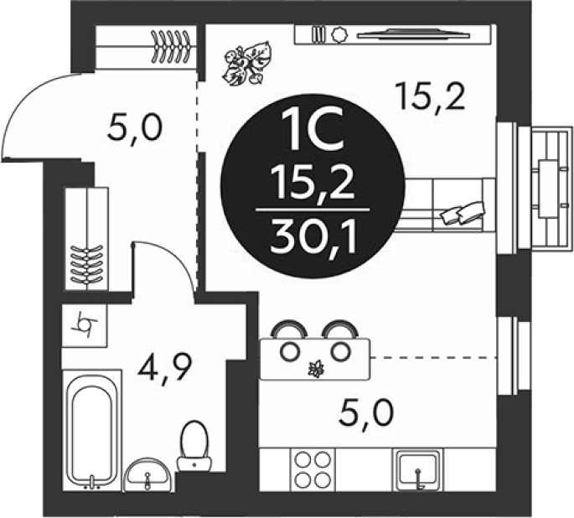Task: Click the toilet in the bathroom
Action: click(x=194, y=446)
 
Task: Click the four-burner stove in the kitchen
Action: click(x=313, y=469)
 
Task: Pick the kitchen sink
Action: click(x=417, y=469)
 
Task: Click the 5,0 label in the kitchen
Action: click(x=365, y=412)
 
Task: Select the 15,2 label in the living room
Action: click(x=432, y=96)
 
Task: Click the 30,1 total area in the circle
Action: click(x=313, y=237)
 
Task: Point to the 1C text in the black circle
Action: click(x=313, y=131)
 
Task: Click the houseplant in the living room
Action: click(x=246, y=63)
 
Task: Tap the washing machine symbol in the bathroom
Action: click(x=85, y=325)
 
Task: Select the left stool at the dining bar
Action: click(x=288, y=329)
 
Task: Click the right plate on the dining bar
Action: click(x=340, y=351)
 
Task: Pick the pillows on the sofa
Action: click(x=463, y=211)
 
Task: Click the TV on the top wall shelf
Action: click(x=412, y=34)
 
